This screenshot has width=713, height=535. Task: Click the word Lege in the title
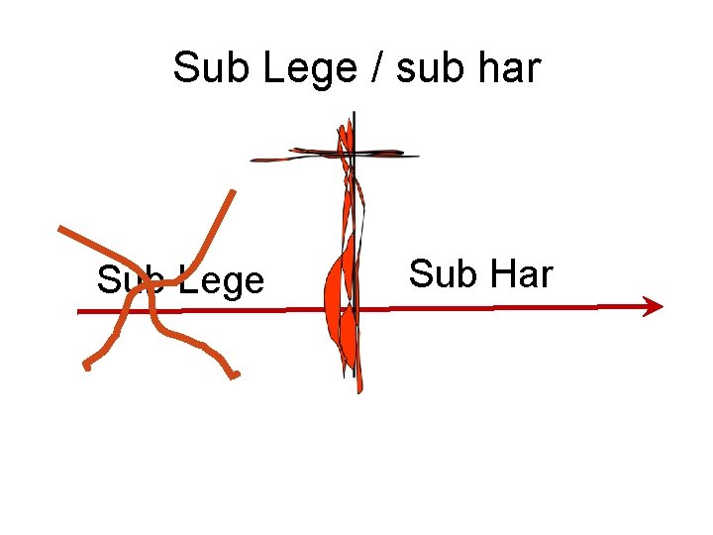(294, 69)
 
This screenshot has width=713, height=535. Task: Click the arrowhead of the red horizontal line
(654, 306)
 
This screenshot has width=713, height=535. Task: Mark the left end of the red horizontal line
(80, 312)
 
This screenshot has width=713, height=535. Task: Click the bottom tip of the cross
(358, 389)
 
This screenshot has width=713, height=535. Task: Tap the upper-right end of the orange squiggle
(234, 191)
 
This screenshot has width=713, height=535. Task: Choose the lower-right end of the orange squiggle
(236, 375)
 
